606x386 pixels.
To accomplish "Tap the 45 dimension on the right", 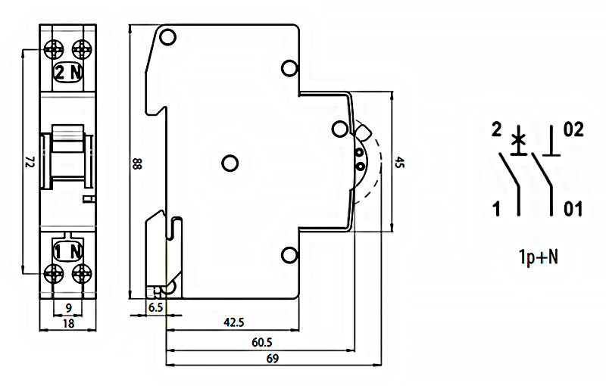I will (x=399, y=162).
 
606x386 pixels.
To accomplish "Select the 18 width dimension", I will (x=67, y=324).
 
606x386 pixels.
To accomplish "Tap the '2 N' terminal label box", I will (x=67, y=72).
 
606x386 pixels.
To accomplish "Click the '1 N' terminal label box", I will (x=67, y=249).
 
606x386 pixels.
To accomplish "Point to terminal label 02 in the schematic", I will (x=573, y=130).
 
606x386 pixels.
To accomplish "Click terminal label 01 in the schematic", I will (x=573, y=209).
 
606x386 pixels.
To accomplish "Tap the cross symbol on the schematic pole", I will (x=518, y=139).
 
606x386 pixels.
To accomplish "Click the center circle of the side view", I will (x=230, y=162).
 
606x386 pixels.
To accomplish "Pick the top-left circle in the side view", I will (x=168, y=36).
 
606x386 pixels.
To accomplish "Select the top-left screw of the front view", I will (x=55, y=48).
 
